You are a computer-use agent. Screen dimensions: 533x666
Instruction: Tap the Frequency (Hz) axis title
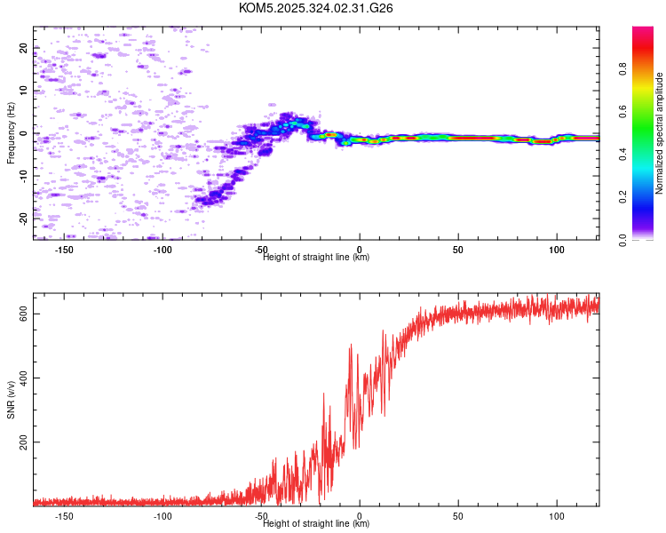coord(11,133)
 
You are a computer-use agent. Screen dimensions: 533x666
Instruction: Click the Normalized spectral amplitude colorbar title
coord(660,133)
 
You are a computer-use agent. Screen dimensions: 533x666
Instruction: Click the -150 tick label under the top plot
coord(65,250)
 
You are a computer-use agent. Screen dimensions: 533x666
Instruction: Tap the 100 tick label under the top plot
coord(556,250)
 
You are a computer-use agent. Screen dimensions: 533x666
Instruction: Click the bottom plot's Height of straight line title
coord(316,524)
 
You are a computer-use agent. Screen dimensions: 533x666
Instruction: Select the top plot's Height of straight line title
coord(316,258)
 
